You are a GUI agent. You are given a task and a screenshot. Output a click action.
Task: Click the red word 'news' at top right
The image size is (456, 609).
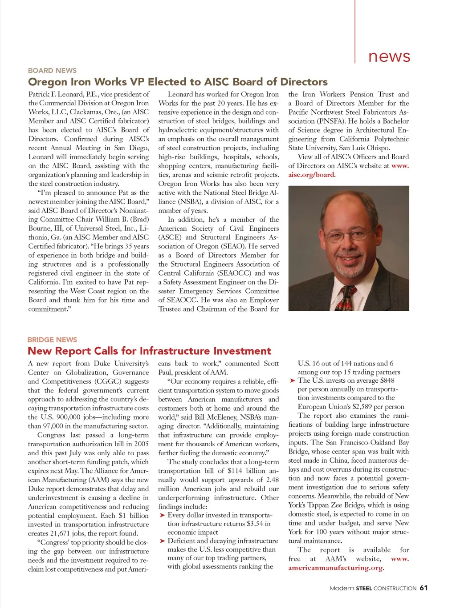tap(389, 56)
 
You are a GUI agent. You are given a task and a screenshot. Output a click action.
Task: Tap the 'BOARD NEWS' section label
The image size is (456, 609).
tap(52, 71)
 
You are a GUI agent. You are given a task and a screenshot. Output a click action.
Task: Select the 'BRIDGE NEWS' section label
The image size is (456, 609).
tap(52, 340)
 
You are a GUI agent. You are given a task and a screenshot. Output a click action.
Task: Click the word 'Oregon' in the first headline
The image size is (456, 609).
tap(47, 82)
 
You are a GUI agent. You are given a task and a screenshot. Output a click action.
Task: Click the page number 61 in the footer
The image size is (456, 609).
tap(423, 588)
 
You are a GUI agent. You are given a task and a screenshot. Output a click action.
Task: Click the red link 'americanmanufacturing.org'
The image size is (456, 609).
tap(335, 568)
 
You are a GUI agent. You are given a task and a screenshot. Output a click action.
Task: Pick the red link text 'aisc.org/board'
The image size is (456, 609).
tap(311, 175)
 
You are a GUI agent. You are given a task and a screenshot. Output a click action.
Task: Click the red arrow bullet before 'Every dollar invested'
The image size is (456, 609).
tap(162, 515)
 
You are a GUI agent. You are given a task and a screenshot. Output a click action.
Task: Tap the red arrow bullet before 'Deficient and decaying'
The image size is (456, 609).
tap(162, 541)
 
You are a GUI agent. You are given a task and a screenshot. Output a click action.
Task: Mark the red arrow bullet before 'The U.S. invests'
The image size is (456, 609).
tap(292, 381)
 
